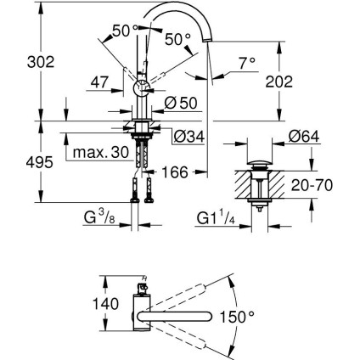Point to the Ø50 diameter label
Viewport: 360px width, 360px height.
177,104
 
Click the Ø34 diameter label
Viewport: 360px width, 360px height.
188,135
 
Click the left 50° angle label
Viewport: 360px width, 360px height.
124,30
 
